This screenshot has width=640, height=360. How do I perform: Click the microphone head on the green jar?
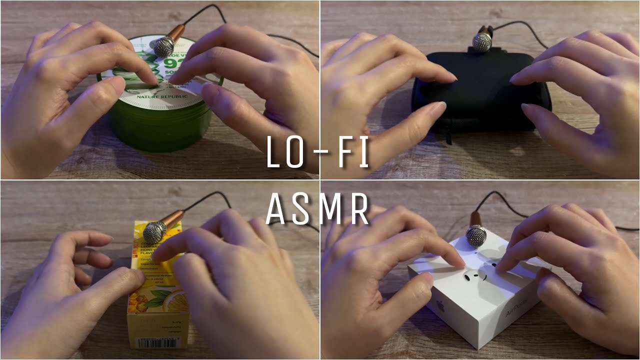(164, 46)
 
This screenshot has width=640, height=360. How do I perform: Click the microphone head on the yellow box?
(154, 232)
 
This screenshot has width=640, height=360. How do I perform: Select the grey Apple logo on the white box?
(440, 306)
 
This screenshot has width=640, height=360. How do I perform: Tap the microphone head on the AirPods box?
(476, 236)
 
